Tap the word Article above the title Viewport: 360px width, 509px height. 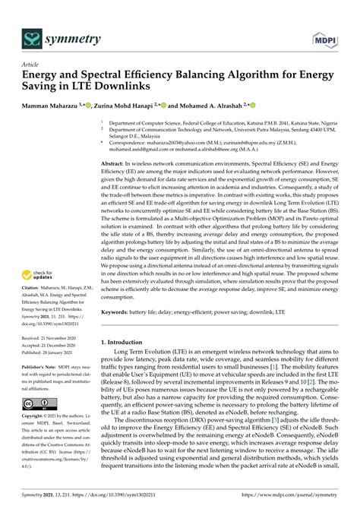[32, 64]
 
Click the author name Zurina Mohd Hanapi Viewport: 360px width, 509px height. [126, 106]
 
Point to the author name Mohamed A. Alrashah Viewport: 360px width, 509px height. [210, 106]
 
